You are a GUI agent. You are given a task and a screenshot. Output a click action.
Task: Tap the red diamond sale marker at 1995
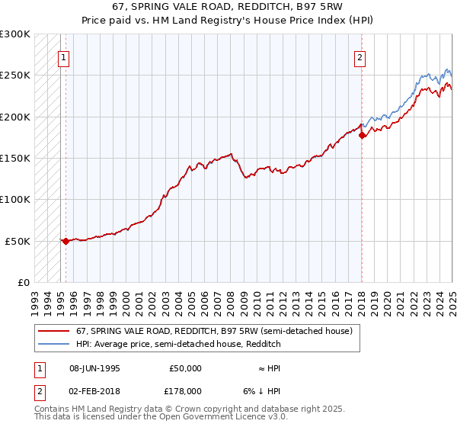point(66,241)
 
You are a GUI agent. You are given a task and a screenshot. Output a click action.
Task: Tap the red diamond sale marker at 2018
point(363,135)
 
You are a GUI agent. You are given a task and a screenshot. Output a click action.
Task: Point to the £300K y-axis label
point(15,34)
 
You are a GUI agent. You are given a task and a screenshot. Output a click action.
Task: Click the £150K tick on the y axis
point(15,159)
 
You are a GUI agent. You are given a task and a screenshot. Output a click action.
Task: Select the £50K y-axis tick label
point(18,241)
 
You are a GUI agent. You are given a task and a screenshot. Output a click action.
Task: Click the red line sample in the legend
point(54,332)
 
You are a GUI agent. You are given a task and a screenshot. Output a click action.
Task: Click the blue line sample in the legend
point(54,345)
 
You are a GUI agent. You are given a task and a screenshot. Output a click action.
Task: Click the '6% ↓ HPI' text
point(261,391)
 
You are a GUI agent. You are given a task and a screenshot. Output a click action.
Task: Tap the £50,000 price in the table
point(184,368)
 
